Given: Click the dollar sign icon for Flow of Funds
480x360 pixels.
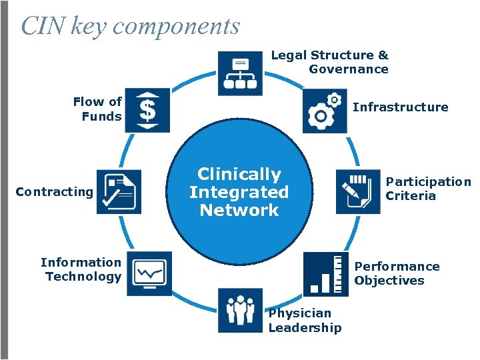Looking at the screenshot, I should (x=147, y=110).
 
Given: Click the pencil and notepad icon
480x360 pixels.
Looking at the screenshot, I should (x=358, y=191).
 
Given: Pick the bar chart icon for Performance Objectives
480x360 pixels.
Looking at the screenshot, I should (x=325, y=273).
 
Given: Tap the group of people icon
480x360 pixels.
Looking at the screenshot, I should (x=240, y=310).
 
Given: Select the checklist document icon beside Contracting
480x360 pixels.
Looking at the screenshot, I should (x=119, y=191).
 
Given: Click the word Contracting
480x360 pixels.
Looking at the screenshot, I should (x=54, y=192).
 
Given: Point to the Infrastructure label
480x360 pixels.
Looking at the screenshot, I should (x=400, y=107).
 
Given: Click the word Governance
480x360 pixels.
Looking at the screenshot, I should (x=348, y=69).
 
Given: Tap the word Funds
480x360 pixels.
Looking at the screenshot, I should (x=101, y=117).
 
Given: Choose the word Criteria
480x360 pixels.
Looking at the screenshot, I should (x=411, y=196).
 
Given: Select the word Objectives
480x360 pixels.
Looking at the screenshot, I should (x=389, y=281).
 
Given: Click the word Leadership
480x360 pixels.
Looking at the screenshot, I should (x=305, y=327).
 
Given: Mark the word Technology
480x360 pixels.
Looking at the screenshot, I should (x=83, y=277).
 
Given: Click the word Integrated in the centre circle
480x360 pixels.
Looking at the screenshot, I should (x=239, y=192).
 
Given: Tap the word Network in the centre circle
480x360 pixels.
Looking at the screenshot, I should (x=239, y=210).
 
